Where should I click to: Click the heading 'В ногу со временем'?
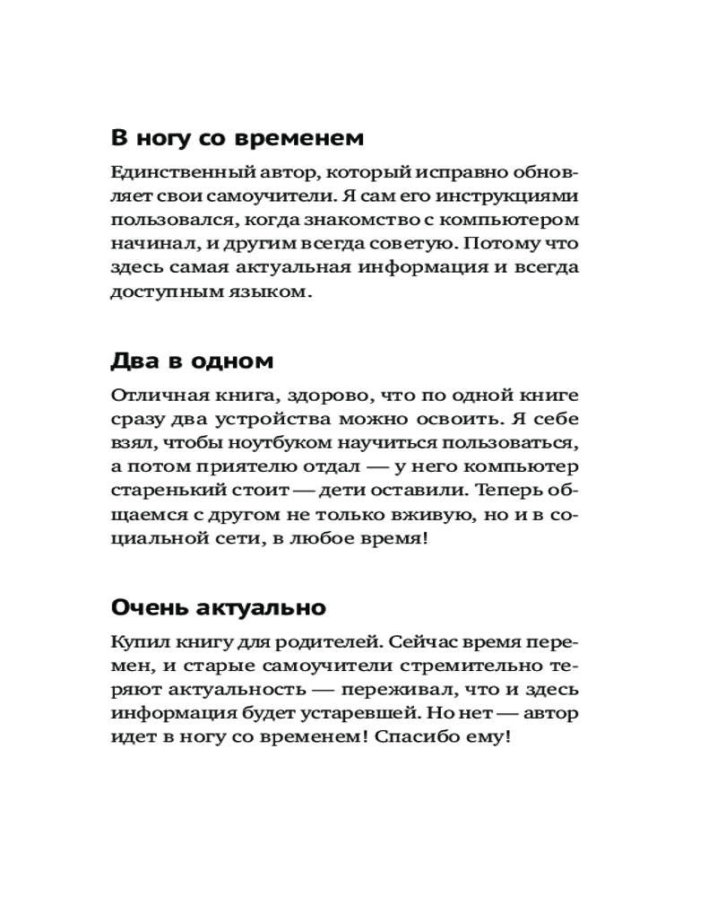(238, 138)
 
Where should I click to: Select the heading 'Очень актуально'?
(218, 607)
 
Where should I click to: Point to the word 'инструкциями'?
(512, 196)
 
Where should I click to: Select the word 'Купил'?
(135, 642)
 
